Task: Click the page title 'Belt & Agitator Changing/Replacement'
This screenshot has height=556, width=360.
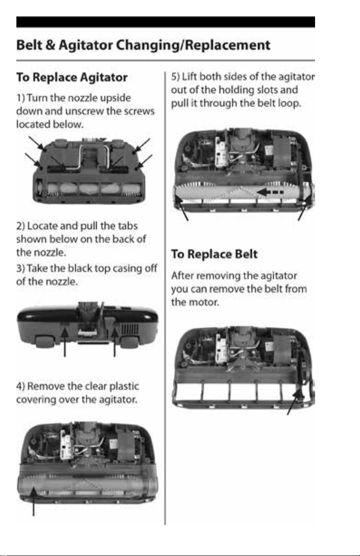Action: pyautogui.click(x=143, y=45)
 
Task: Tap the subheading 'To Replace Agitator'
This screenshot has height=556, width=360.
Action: pyautogui.click(x=72, y=78)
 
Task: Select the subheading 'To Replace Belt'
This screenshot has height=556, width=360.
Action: pyautogui.click(x=215, y=254)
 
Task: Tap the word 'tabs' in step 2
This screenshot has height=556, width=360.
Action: pyautogui.click(x=128, y=226)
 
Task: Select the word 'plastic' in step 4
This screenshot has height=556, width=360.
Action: pyautogui.click(x=124, y=387)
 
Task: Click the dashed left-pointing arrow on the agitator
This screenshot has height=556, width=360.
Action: pyautogui.click(x=270, y=192)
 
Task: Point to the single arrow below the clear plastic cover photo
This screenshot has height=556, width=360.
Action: pyautogui.click(x=34, y=502)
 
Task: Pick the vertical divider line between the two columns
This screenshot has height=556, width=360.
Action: pyautogui.click(x=165, y=298)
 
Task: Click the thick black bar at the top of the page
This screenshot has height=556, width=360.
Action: pyautogui.click(x=166, y=22)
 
